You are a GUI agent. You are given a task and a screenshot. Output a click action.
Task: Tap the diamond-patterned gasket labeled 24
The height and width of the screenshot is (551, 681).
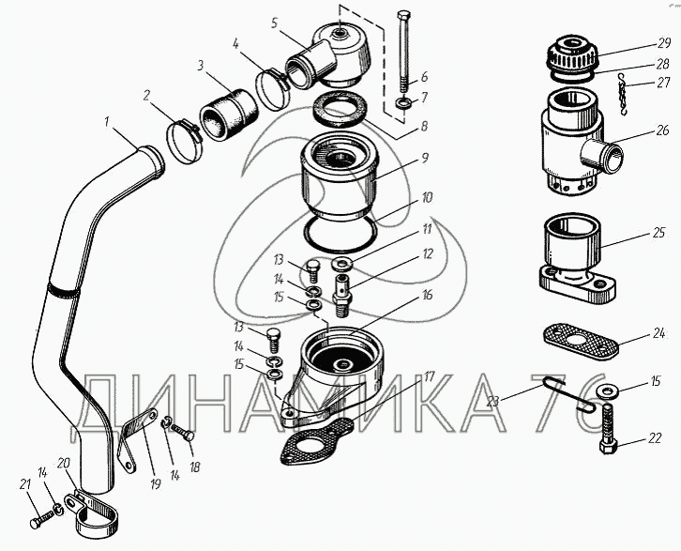tap(581, 340)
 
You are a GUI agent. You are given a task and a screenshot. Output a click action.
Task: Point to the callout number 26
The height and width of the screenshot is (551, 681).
tap(662, 130)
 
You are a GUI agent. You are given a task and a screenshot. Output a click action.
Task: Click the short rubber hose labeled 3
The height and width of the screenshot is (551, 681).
tap(229, 114)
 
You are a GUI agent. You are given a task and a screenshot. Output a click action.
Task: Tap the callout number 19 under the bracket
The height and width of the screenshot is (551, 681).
tap(155, 482)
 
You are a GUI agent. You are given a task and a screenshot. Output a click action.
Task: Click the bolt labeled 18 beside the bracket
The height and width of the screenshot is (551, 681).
tap(182, 432)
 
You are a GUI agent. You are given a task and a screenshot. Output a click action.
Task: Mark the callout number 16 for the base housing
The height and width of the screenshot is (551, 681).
tap(428, 296)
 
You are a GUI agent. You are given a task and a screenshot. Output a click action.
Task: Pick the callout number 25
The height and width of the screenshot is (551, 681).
tap(658, 233)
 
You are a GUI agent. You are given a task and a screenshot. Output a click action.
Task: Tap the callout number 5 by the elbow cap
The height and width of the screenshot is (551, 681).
tap(274, 23)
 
